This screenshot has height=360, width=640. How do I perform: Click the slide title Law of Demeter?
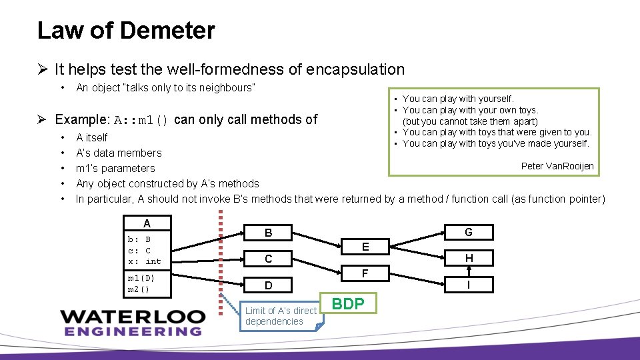[x=126, y=31]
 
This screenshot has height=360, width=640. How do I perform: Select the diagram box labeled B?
[x=268, y=233]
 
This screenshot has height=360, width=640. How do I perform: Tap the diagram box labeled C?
[x=268, y=259]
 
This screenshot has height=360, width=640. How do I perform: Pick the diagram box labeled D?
[x=268, y=285]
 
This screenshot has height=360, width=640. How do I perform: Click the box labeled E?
[x=365, y=246]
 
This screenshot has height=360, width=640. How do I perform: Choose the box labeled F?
[x=365, y=273]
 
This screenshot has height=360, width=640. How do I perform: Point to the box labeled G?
[x=469, y=232]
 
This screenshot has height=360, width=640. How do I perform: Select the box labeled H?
[x=469, y=258]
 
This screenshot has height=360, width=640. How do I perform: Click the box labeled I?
[x=469, y=285]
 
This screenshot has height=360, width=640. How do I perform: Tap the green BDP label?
[x=348, y=304]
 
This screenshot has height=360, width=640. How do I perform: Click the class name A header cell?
[x=147, y=223]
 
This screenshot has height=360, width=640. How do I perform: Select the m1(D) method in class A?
[x=141, y=277]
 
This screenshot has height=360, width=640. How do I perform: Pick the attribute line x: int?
[x=145, y=261]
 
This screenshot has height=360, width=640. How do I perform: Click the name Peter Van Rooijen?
[x=557, y=166]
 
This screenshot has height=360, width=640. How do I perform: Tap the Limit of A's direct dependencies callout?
[x=281, y=316]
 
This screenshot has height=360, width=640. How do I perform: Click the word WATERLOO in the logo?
[x=131, y=316]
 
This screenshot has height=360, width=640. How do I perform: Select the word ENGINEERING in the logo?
[x=131, y=331]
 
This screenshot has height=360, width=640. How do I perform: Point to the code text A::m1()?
[x=141, y=121]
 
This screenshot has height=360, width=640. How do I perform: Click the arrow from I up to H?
[x=469, y=271]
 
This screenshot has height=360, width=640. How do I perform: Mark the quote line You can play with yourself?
[x=458, y=99]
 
